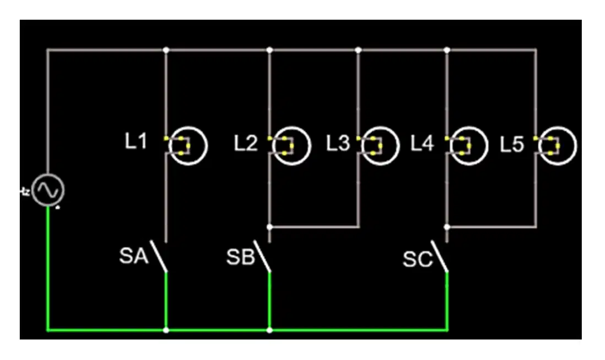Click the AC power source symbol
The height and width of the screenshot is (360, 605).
click(48, 190)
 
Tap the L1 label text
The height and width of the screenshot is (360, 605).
click(136, 141)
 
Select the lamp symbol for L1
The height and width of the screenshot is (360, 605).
click(188, 146)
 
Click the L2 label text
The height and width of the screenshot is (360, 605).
click(246, 143)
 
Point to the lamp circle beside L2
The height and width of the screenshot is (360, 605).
click(291, 146)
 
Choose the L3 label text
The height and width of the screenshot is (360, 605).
click(338, 143)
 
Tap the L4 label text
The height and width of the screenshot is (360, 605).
click(422, 143)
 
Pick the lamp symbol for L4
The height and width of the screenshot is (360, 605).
click(468, 146)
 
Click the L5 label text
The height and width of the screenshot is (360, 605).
click(512, 144)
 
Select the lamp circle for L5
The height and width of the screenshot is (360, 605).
click(558, 146)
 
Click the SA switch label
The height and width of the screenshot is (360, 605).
click(134, 256)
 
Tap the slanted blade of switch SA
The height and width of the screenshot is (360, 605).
click(159, 256)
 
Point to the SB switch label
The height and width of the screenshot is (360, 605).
click(241, 257)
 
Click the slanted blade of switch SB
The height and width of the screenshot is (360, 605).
click(262, 256)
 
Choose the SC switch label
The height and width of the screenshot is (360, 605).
click(418, 259)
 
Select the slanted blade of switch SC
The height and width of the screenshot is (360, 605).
click(440, 256)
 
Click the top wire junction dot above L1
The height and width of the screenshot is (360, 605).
click(166, 50)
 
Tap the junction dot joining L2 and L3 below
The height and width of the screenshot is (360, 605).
click(269, 227)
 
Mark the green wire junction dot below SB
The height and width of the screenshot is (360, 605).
click(269, 330)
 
